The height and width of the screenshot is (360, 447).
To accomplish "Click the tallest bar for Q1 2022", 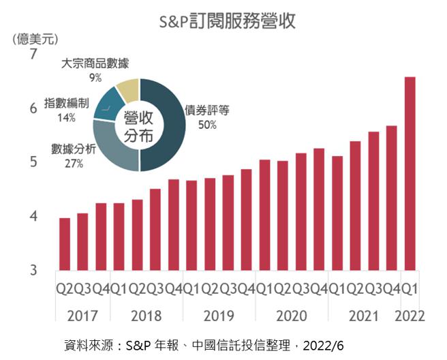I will coord(410,173).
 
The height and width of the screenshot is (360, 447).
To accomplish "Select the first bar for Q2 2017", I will coord(65,244).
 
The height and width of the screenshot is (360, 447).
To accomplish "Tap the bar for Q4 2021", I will coord(391,198).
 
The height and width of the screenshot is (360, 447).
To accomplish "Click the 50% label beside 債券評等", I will coord(207,125).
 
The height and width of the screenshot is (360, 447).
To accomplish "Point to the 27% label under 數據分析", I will coord(74,164).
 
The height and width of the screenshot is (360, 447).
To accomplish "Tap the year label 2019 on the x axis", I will coord(219,316).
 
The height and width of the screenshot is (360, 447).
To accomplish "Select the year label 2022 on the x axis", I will coord(410,316).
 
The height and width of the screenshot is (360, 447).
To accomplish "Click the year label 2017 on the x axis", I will coord(83,316).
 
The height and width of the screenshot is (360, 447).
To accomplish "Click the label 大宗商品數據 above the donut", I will coord(95,63).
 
